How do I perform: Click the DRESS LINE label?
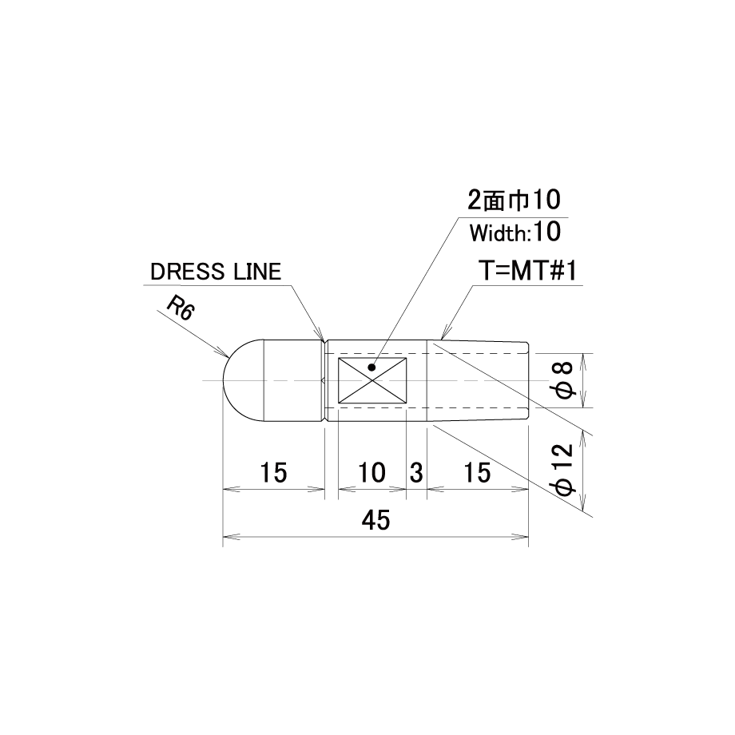[216, 272]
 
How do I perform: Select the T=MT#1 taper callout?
[527, 271]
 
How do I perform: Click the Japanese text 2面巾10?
[514, 201]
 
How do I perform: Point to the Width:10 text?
[515, 232]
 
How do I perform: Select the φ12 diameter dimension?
[565, 469]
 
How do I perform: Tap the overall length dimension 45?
[375, 520]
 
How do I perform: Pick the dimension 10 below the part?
[371, 472]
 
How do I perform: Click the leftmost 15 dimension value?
[273, 472]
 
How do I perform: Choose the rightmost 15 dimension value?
[477, 472]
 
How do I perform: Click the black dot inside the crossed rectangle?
[371, 367]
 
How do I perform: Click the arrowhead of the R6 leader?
[225, 355]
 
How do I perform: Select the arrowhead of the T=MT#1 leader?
[443, 333]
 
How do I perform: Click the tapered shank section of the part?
[478, 380]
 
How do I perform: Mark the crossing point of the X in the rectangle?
[372, 380]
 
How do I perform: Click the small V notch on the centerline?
[324, 380]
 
